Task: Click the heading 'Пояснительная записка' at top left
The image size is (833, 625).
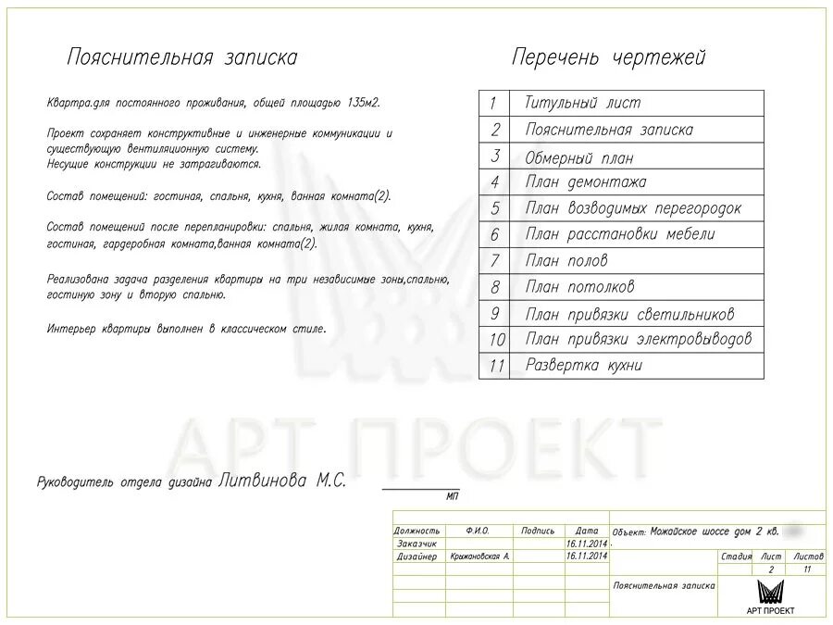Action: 181,57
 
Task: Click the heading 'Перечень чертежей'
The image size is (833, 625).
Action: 608,57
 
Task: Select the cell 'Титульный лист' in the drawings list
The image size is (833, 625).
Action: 582,103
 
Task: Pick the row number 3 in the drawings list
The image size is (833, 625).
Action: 495,156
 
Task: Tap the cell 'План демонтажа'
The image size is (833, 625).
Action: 586,182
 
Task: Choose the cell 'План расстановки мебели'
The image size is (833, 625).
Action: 619,234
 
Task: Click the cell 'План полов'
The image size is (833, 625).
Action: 566,261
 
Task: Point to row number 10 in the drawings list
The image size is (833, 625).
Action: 496,340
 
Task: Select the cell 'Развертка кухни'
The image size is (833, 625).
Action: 583,366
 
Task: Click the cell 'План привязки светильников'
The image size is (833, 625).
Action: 629,314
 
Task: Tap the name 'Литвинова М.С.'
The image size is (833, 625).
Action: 282,481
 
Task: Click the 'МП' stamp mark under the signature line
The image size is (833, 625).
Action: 452,497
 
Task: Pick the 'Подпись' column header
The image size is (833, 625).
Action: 538,531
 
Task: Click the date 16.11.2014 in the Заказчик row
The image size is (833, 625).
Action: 587,544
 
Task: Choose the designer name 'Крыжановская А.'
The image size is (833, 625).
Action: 479,556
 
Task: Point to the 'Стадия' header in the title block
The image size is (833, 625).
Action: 737,556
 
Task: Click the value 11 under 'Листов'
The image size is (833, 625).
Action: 806,569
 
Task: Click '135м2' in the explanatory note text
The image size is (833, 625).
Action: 362,103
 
